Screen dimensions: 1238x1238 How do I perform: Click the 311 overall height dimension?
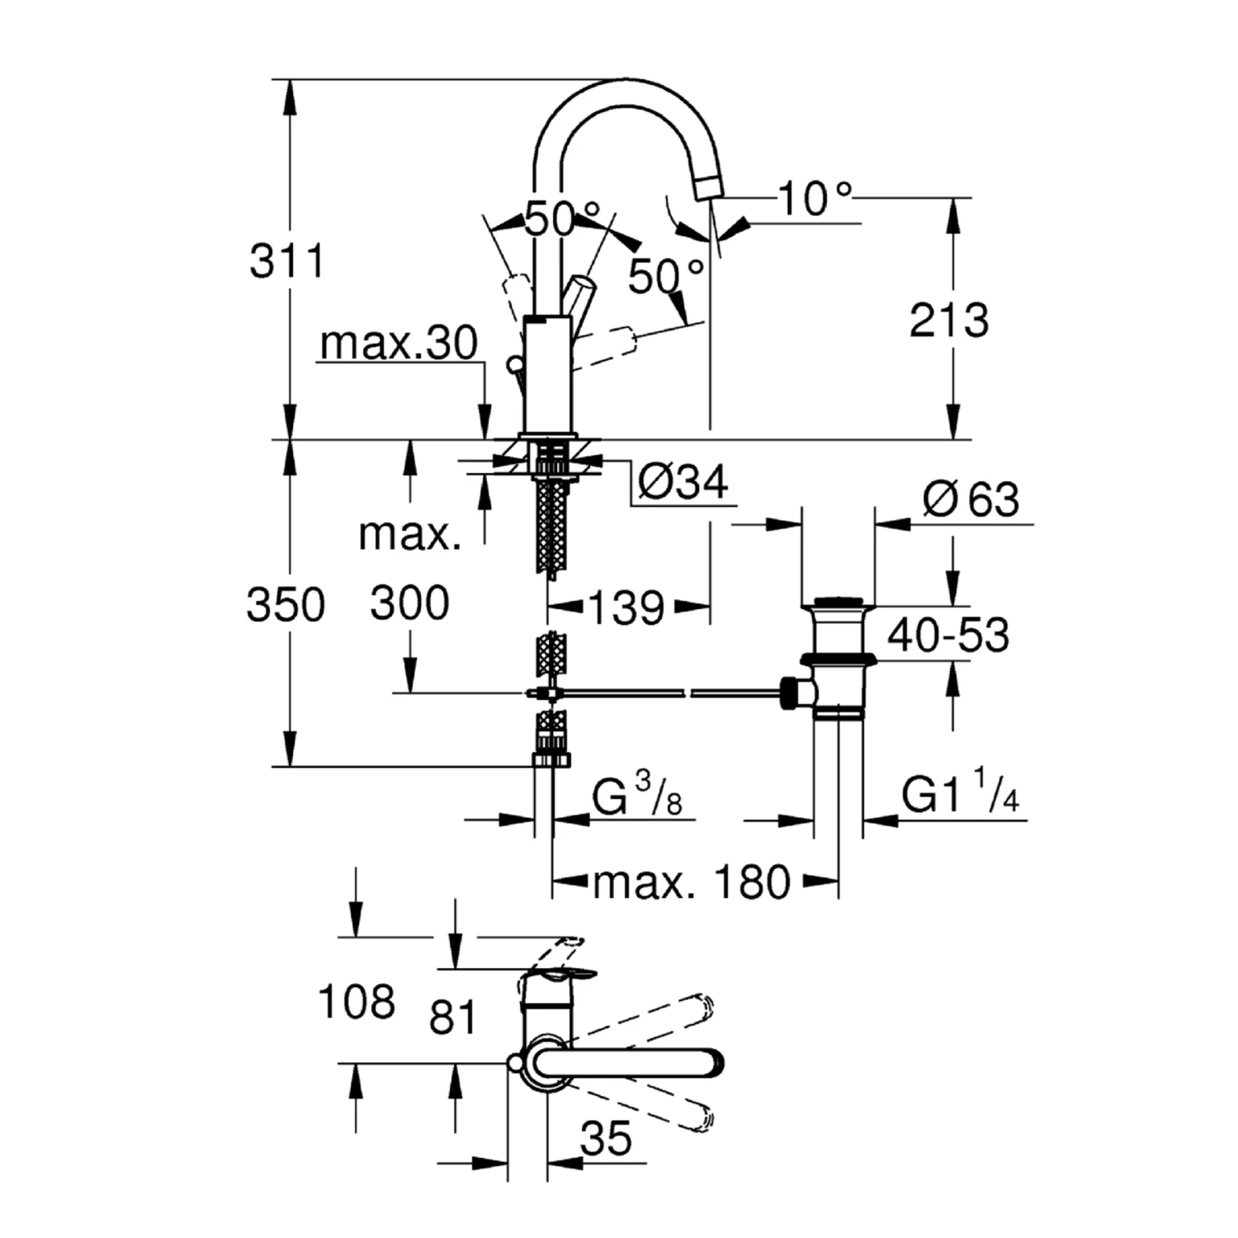pos(287,261)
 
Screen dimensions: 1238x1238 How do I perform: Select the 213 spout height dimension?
pos(948,320)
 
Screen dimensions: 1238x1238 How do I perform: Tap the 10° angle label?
pos(815,199)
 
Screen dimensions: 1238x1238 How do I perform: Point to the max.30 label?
pos(399,343)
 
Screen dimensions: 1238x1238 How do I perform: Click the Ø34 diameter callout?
pos(683,481)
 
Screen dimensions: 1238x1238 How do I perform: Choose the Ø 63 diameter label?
pos(971,499)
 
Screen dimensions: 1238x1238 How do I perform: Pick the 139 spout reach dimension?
pos(626,609)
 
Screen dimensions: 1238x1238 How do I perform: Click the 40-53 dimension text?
pos(948,636)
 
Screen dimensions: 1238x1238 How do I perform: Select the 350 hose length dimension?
pos(286,605)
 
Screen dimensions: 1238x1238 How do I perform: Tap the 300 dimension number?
pos(409,603)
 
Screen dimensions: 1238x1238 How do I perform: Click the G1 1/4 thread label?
pos(961,796)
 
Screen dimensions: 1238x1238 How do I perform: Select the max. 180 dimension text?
pos(692,883)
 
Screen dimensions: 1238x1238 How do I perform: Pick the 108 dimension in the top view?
pos(357,1002)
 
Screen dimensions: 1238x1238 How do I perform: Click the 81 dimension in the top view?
pos(453,1016)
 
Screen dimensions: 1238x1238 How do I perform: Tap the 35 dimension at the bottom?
pos(606,1140)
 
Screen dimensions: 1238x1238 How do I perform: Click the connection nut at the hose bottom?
pos(551,758)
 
